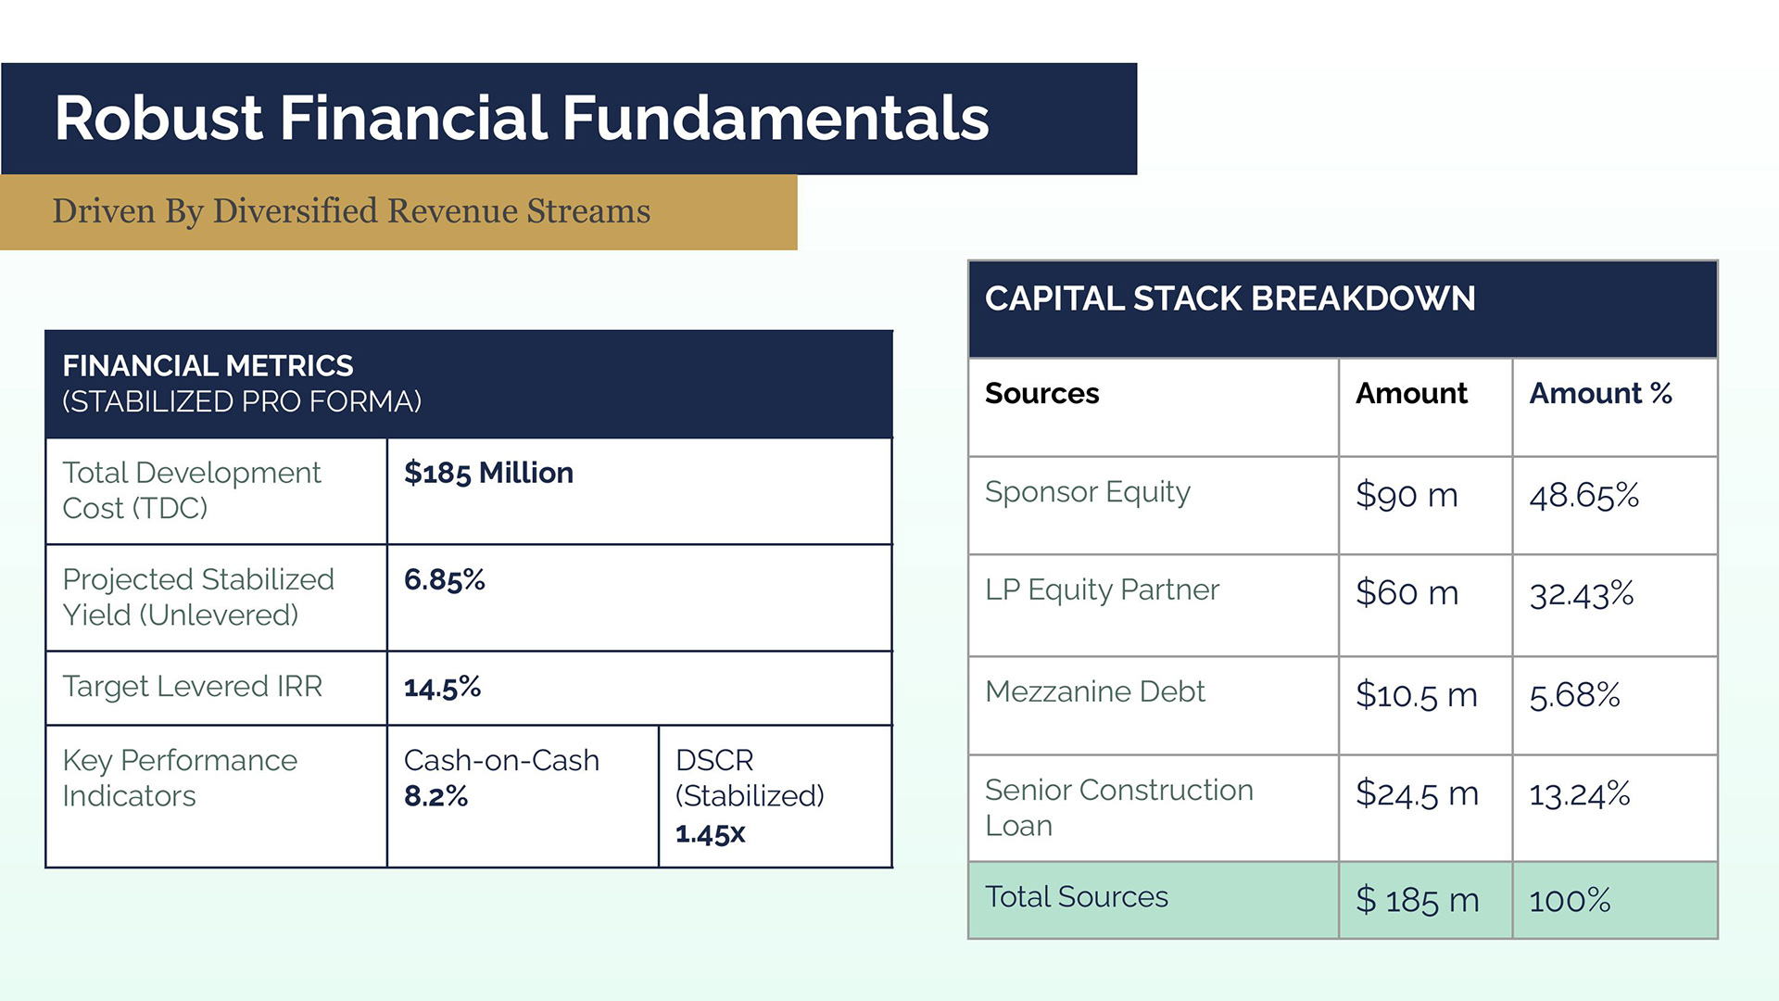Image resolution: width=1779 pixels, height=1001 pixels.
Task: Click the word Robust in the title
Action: [158, 118]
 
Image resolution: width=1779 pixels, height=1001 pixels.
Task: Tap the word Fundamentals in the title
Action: [776, 118]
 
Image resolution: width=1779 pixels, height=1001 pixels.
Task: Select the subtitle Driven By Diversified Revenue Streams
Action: [351, 211]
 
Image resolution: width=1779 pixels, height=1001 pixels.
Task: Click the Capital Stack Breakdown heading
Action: [1230, 298]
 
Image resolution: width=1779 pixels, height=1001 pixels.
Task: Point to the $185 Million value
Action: [488, 473]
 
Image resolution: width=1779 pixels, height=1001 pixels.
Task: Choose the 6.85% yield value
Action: [444, 580]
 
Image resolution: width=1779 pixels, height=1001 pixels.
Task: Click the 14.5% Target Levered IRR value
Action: [442, 687]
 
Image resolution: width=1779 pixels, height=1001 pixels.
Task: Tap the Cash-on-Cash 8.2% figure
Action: [435, 796]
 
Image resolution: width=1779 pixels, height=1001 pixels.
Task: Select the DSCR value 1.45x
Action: [710, 833]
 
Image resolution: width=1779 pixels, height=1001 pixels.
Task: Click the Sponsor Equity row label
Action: [1087, 492]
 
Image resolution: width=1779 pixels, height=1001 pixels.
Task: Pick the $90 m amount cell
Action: [1407, 495]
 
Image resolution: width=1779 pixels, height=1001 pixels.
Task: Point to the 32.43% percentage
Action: [1581, 594]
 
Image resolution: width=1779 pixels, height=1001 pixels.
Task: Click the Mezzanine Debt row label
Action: [1094, 691]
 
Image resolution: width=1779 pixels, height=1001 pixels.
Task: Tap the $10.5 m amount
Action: [1416, 695]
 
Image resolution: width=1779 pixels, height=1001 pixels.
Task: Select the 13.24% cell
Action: [1579, 794]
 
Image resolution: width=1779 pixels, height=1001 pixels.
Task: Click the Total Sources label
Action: [1076, 897]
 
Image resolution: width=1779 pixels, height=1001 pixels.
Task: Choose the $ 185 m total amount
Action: [1417, 900]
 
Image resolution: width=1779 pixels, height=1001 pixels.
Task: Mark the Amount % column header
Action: [1600, 393]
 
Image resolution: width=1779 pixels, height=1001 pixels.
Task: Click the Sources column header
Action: [1041, 393]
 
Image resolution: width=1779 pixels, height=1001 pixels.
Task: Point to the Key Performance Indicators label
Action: [180, 779]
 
